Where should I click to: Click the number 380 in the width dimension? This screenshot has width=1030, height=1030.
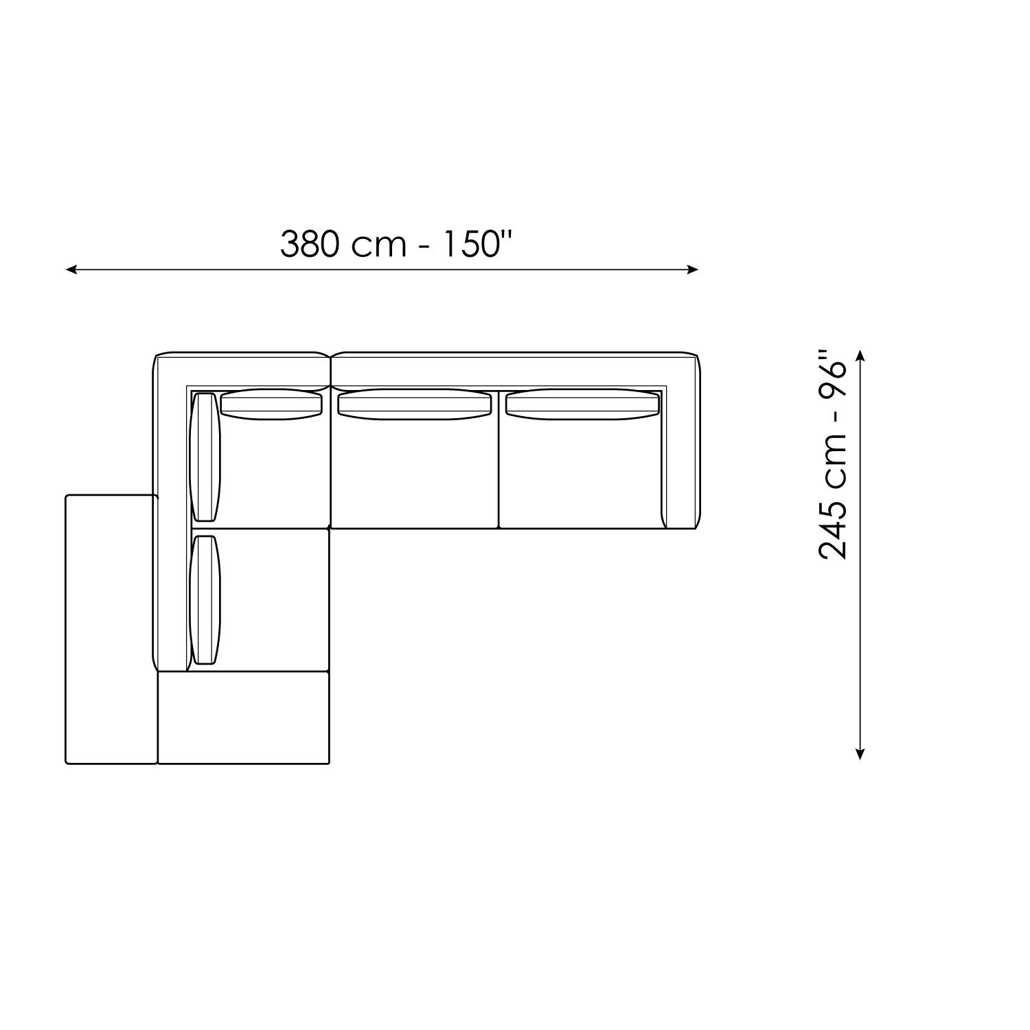[310, 244]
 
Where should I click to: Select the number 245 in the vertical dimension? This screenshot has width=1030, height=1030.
[835, 528]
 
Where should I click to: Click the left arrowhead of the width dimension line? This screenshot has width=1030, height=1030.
[71, 270]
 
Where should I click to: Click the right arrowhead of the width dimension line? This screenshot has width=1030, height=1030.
[693, 270]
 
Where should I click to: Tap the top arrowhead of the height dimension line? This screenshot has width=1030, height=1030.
[860, 356]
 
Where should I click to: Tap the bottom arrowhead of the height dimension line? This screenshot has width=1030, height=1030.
[860, 754]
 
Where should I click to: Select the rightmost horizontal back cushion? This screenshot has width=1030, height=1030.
[582, 404]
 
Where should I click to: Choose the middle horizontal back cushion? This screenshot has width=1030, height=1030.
[415, 404]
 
